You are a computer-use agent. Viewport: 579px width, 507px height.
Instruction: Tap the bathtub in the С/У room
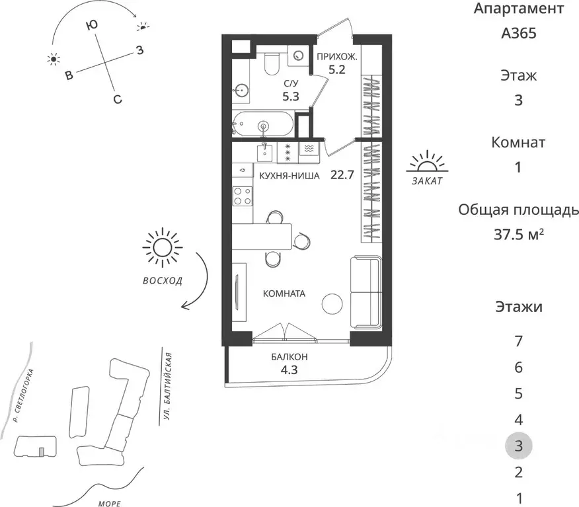pos(263,124)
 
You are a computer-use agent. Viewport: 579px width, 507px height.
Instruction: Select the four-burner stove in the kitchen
pos(243,196)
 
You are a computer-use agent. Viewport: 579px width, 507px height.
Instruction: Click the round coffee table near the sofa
pos(333,304)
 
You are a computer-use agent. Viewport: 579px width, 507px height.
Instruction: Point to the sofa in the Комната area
pos(366,292)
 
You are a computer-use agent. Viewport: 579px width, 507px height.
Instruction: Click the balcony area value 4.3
pos(289,370)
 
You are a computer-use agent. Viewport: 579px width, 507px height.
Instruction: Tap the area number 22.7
pos(342,175)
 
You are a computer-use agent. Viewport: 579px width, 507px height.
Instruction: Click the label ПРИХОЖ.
pos(337,57)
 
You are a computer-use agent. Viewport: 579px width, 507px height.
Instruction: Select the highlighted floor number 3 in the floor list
pos(518,446)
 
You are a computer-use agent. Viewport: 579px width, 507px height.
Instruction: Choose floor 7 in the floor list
pos(518,341)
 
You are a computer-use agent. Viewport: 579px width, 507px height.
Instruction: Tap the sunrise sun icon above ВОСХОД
pos(162,247)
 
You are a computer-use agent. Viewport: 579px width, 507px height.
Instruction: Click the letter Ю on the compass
pos(91,26)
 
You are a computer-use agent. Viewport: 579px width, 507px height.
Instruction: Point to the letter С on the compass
pos(118,99)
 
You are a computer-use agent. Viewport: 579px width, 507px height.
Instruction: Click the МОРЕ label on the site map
pos(110,503)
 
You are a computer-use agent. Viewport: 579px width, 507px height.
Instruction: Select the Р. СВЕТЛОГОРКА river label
pos(23,395)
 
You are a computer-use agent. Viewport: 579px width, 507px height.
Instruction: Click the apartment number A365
pos(518,33)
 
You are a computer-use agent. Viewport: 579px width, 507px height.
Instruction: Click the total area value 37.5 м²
pos(518,234)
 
